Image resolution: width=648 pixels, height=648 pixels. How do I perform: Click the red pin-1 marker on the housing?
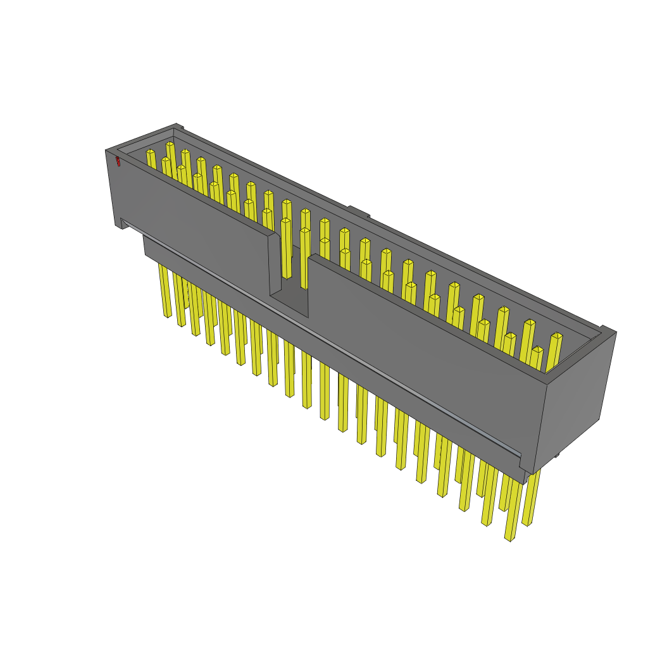(118, 161)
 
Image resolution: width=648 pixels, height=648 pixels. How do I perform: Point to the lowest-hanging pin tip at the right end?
(510, 538)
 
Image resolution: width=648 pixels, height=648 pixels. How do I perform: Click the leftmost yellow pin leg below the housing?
(166, 291)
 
